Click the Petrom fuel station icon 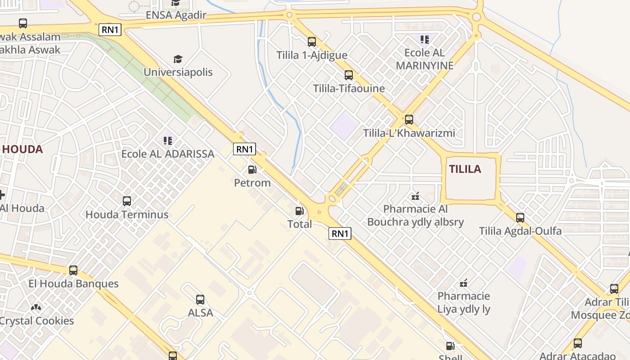coord(252,170)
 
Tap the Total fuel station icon coord(299,211)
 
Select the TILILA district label coord(465,169)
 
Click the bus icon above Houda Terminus coord(127,201)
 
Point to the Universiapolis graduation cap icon coord(178,59)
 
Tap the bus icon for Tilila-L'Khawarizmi coord(409,120)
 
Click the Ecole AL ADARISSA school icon coord(168,141)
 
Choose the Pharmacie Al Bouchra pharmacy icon coord(415,196)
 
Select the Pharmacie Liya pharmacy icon coord(463,283)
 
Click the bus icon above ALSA coord(200,299)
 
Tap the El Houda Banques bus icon coord(73,270)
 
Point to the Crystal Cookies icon coord(36,307)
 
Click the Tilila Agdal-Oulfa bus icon coord(520,218)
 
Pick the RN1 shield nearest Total coord(340,233)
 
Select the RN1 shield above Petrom coord(244,149)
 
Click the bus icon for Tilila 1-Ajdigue coord(312,42)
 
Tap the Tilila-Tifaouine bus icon coord(349,75)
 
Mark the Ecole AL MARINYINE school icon coord(424,40)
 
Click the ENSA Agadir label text coord(176,15)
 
